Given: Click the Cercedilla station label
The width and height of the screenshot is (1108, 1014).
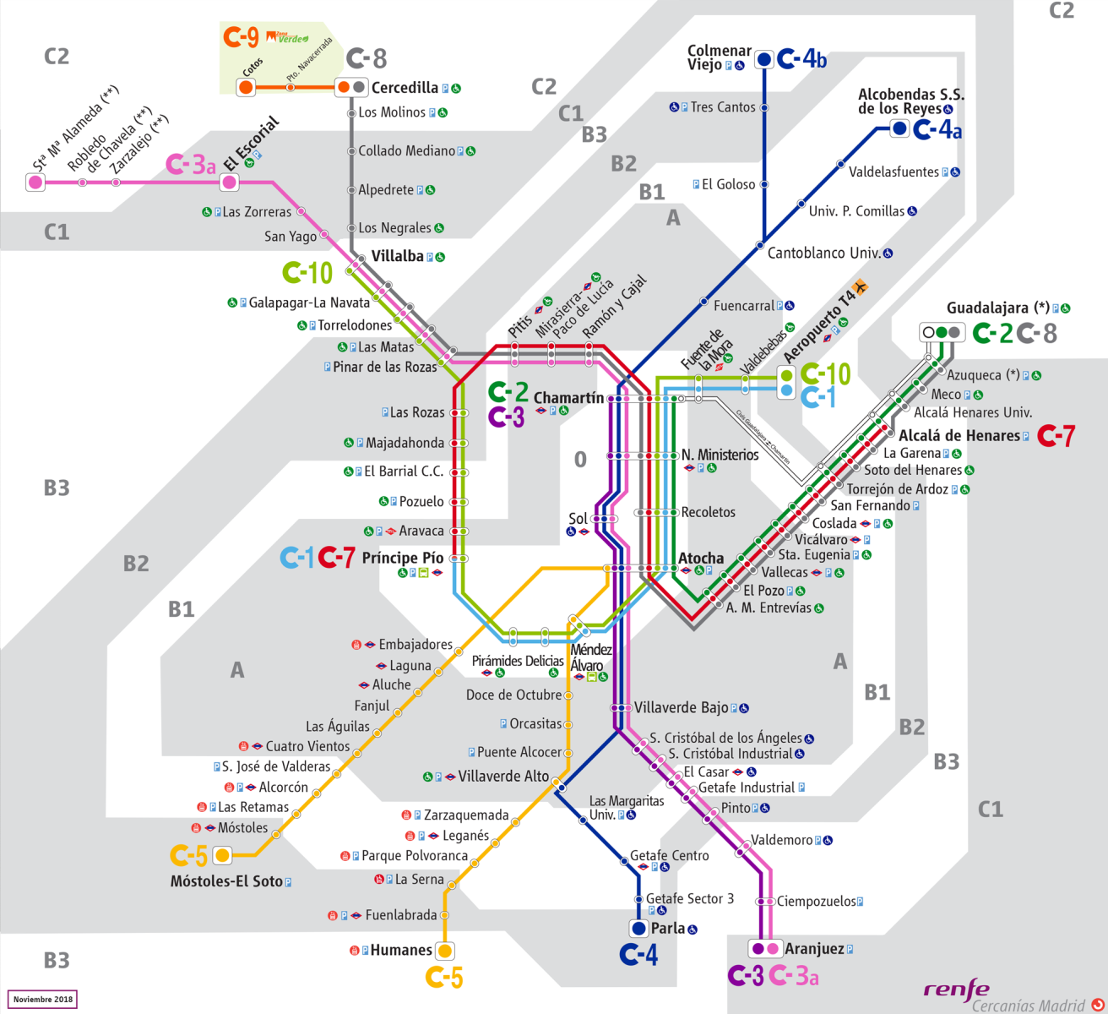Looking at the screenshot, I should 405,87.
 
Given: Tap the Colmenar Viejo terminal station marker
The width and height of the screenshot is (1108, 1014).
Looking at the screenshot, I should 764,59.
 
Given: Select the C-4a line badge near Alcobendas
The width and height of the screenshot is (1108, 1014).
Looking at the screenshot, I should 937,129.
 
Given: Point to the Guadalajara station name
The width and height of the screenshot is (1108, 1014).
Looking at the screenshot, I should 987,308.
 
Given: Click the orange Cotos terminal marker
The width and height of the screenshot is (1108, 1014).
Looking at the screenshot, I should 246,87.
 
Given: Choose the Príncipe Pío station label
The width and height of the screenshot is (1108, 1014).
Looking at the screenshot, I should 402,558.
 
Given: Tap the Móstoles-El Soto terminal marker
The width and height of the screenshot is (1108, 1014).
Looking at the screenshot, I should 222,856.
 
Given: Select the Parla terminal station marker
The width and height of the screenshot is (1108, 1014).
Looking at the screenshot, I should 639,929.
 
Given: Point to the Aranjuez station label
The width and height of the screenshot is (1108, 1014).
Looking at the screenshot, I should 814,949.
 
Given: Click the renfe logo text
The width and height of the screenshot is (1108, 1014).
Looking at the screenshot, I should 956,989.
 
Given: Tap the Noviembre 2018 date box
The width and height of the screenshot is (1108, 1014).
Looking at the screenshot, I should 42,1000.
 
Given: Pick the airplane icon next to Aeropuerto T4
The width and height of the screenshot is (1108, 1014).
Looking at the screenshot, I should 861,287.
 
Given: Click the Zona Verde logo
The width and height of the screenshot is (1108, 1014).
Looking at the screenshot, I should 287,38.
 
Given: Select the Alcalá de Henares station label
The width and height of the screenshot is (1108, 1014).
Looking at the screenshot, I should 959,436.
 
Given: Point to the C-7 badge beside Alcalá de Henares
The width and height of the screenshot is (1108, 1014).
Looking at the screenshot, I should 1056,436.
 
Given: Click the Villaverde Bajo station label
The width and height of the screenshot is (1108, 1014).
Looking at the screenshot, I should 681,708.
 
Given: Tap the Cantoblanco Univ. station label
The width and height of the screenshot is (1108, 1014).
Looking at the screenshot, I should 824,253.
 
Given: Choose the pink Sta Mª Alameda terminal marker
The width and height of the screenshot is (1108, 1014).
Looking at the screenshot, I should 35,182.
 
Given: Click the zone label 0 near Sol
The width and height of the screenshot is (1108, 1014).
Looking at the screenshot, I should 580,460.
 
